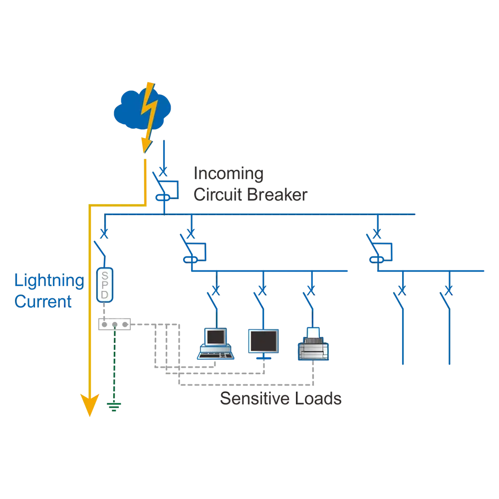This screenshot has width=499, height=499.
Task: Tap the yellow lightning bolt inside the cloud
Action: (150, 107)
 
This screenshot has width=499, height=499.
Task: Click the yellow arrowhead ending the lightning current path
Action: (89, 405)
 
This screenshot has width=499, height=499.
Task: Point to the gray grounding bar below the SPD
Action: (113, 324)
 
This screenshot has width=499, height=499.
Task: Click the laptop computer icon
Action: (216, 344)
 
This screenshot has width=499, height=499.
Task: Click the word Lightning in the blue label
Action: (48, 281)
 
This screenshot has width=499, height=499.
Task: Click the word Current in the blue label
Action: (43, 302)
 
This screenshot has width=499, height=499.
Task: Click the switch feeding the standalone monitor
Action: (260, 299)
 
